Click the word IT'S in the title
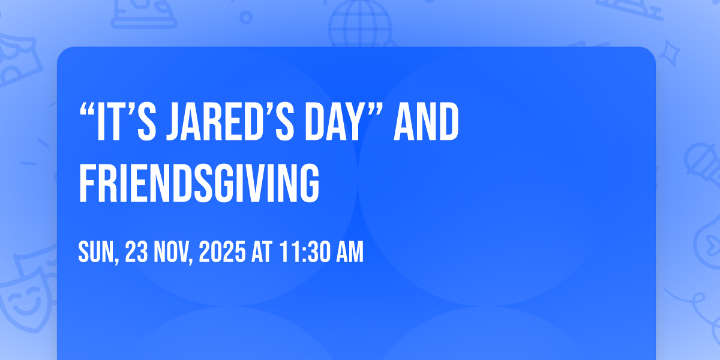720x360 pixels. (126, 121)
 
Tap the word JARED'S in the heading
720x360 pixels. (230, 121)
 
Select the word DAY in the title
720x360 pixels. (334, 121)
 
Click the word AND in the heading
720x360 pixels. (426, 121)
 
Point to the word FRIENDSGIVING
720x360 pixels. (199, 183)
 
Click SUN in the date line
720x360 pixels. (96, 252)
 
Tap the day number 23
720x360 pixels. (136, 252)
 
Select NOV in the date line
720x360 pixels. (170, 252)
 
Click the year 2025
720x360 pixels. (222, 252)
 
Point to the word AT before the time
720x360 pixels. (262, 252)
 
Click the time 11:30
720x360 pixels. (305, 252)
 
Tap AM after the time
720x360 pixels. (350, 252)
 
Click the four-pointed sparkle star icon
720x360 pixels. (669, 53)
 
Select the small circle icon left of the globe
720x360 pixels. (246, 17)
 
